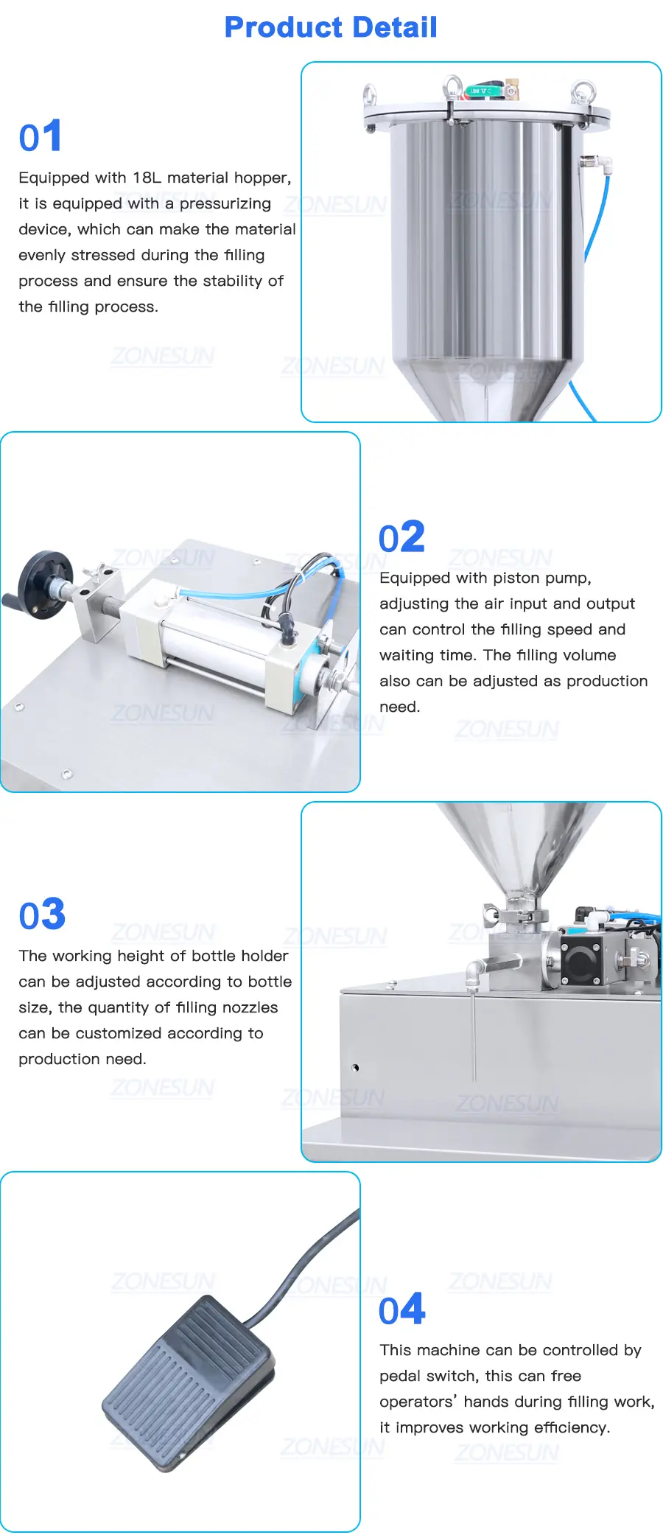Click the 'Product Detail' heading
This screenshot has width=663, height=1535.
pyautogui.click(x=331, y=27)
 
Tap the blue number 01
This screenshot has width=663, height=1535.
pyautogui.click(x=41, y=136)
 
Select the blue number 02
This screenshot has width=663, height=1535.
pyautogui.click(x=401, y=536)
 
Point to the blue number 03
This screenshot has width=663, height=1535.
pyautogui.click(x=42, y=915)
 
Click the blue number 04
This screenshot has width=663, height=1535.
pyautogui.click(x=402, y=1310)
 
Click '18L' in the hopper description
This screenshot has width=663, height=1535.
pyautogui.click(x=147, y=178)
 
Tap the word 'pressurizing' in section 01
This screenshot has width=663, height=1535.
pyautogui.click(x=225, y=204)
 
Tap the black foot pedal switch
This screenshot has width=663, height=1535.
pyautogui.click(x=189, y=1382)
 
